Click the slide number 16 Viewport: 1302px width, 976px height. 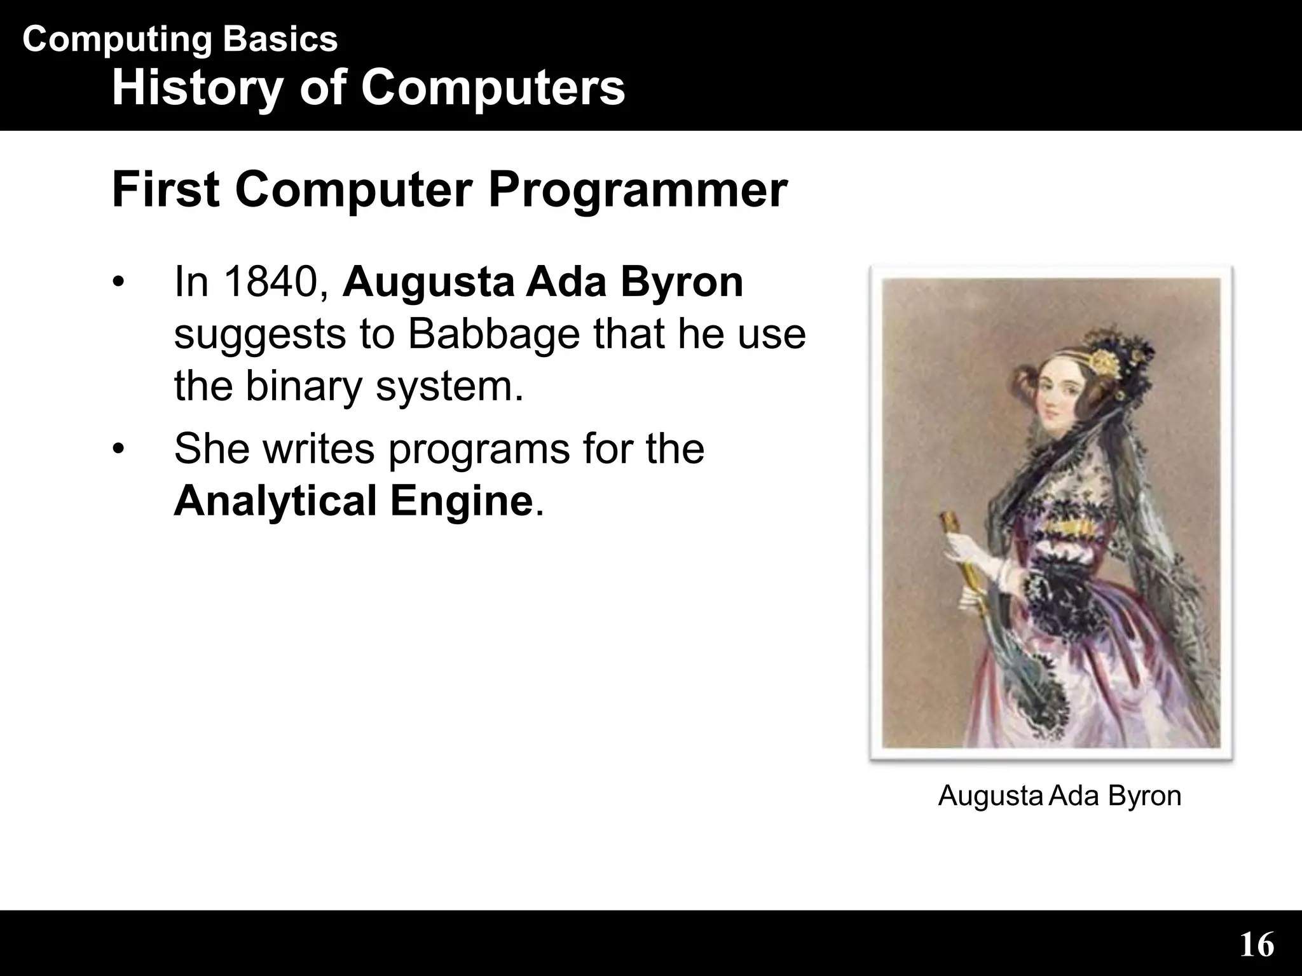click(1257, 945)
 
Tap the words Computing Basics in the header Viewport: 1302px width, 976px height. click(180, 39)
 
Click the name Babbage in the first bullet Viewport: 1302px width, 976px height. click(493, 334)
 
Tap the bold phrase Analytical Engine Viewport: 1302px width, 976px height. click(353, 501)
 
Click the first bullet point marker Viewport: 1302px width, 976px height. click(117, 283)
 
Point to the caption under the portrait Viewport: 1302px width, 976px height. click(1059, 796)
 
